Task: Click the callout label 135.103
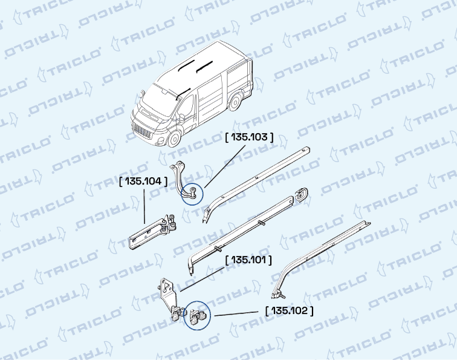[250, 137]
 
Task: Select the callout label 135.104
[143, 182]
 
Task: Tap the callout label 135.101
[248, 260]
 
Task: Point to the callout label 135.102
[290, 311]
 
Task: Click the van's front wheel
[174, 139]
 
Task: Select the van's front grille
[142, 131]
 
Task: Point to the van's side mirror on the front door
[182, 117]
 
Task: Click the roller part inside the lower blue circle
[197, 316]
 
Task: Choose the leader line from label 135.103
[225, 166]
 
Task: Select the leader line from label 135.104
[144, 206]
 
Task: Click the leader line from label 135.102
[236, 313]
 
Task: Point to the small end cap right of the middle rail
[301, 195]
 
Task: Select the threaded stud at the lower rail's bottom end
[282, 295]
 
